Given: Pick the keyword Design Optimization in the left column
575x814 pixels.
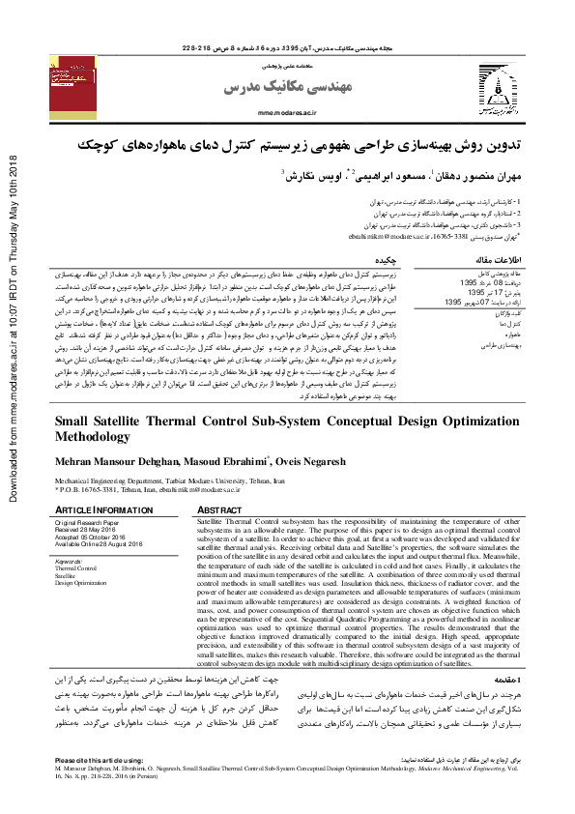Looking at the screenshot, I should pyautogui.click(x=82, y=584).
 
